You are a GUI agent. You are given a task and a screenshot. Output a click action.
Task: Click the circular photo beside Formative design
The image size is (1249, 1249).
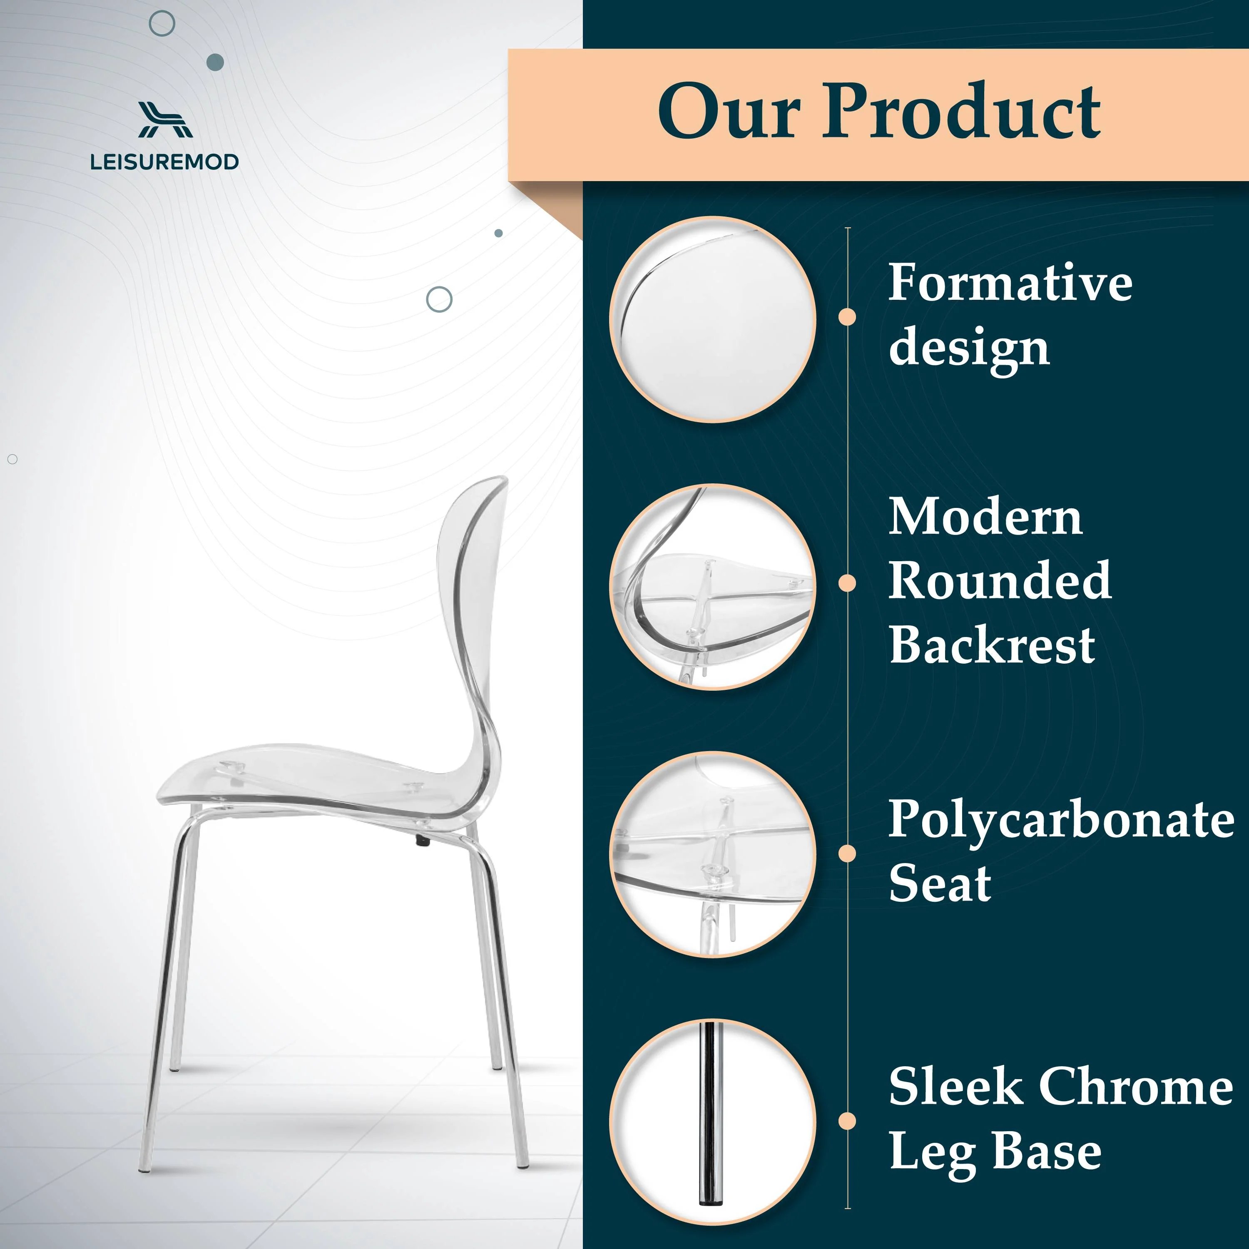[x=712, y=319]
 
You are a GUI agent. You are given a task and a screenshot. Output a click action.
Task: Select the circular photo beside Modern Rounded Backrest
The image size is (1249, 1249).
[x=712, y=586]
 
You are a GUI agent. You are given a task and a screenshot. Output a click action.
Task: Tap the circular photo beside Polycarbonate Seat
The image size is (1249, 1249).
[x=712, y=853]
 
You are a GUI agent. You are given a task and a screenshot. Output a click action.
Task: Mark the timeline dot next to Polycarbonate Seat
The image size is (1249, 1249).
[x=847, y=853]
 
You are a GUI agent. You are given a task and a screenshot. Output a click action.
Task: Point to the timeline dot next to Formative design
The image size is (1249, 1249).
[x=847, y=317]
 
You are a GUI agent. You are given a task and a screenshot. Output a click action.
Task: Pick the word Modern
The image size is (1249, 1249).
[x=985, y=517]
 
